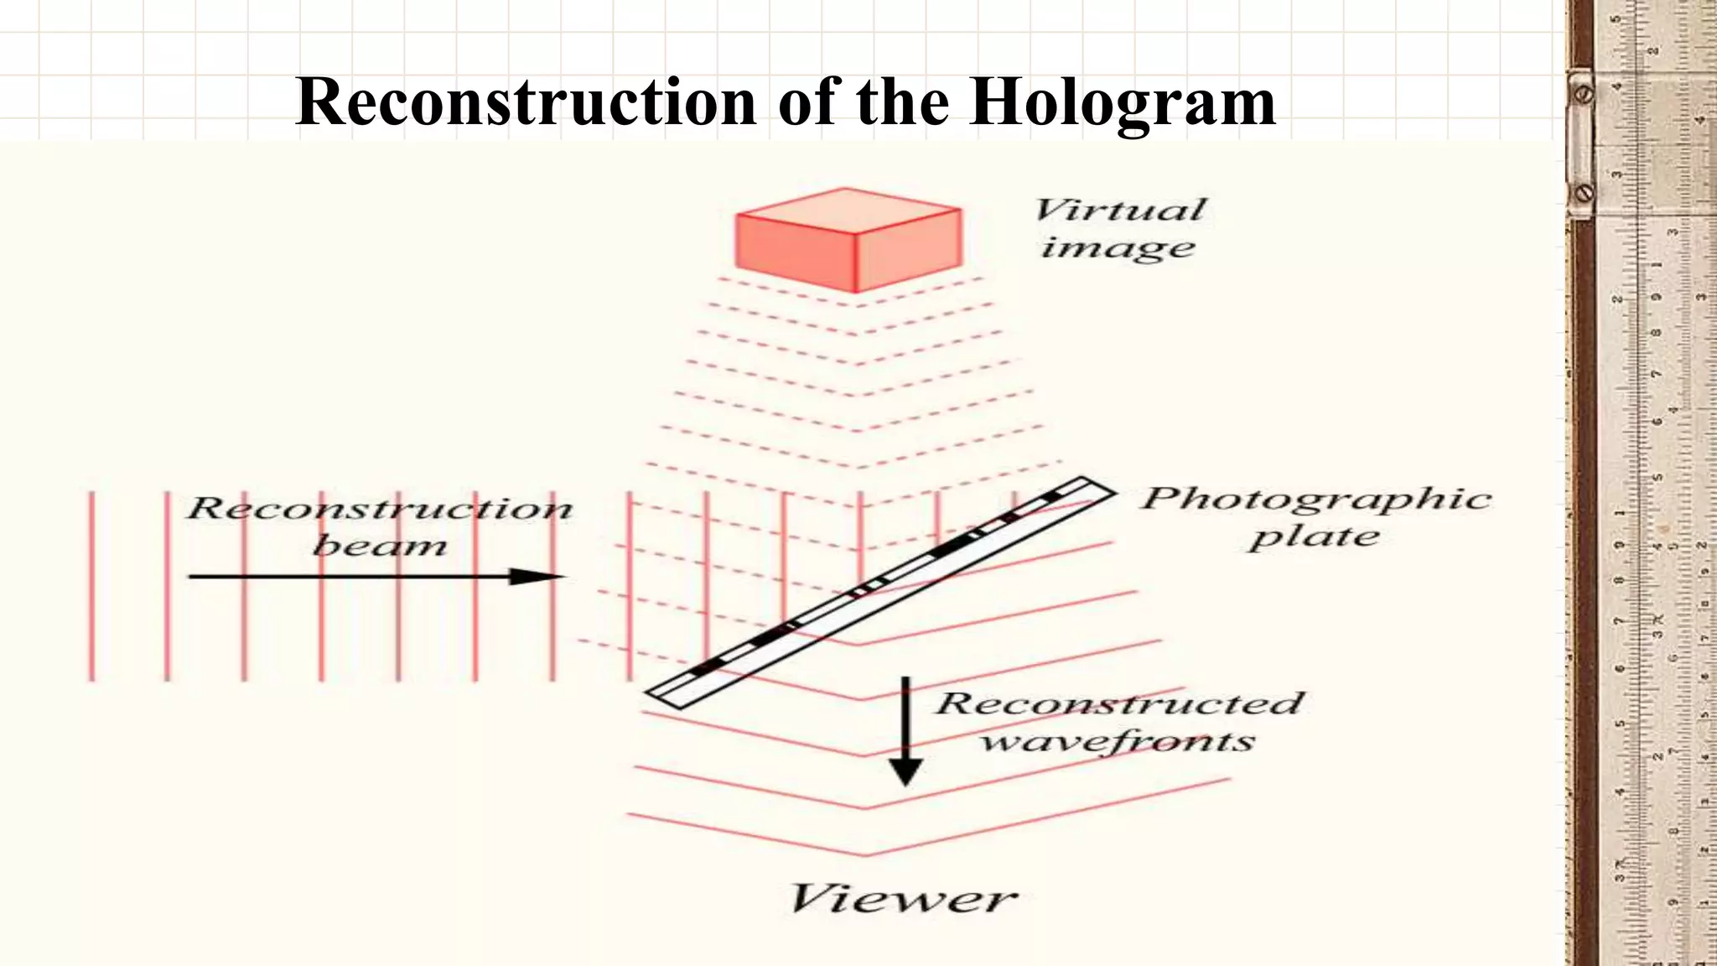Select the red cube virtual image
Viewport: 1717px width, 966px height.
click(x=848, y=241)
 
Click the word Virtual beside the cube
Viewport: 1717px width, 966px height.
click(x=1120, y=210)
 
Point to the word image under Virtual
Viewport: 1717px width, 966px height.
click(x=1118, y=248)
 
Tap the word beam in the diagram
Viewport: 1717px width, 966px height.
click(x=380, y=546)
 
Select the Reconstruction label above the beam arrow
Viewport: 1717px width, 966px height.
click(x=380, y=508)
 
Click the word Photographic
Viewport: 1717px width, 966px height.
click(x=1315, y=500)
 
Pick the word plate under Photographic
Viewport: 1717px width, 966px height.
click(x=1314, y=538)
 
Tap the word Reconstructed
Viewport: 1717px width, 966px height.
click(x=1119, y=704)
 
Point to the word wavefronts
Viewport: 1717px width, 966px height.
click(x=1118, y=741)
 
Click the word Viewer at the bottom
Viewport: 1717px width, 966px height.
click(x=903, y=899)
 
